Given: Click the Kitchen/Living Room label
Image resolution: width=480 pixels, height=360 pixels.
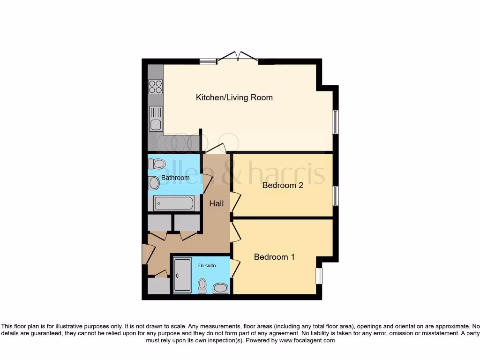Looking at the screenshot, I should point(234,97).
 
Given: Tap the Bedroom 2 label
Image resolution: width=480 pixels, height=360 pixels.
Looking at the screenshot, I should point(283,185).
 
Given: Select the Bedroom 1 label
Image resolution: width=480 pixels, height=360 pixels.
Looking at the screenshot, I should point(274,257).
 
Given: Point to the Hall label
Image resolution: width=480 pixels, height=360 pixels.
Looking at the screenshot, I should point(217,204).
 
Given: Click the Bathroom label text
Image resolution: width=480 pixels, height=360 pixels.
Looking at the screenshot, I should point(175,178).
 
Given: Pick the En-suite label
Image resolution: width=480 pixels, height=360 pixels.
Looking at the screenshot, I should point(207,266).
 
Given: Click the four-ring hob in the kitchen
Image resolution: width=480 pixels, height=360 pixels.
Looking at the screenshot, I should point(156,87).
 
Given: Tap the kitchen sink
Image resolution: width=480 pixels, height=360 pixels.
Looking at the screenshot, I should point(156,119).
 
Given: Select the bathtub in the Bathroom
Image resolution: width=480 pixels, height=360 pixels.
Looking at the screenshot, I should point(173,203).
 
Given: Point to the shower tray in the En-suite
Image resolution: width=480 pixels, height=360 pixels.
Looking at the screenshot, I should point(182,276).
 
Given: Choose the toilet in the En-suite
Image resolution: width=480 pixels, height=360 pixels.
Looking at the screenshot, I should point(202,285).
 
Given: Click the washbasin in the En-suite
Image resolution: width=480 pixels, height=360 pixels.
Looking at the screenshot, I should point(220,288).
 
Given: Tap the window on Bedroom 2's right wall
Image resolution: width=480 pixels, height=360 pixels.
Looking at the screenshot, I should point(335,196).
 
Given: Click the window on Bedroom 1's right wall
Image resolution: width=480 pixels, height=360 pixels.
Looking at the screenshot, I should point(319,276).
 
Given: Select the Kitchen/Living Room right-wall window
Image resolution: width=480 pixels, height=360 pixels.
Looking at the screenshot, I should point(336,122).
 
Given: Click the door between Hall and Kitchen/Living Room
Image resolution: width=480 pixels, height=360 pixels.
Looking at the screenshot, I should point(216,149).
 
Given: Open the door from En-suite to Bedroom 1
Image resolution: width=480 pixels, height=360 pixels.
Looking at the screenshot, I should point(234,268).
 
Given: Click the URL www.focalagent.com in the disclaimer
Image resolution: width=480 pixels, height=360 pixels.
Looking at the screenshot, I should point(307,340).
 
